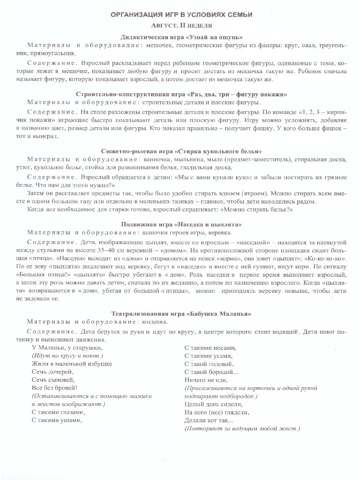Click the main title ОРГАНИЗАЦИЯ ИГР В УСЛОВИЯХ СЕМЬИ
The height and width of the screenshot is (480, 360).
click(181, 15)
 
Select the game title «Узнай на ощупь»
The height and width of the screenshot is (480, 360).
click(181, 37)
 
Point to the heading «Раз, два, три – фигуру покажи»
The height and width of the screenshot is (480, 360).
click(181, 94)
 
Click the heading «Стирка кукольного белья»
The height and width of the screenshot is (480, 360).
click(181, 151)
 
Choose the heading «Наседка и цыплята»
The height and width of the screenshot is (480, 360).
click(181, 224)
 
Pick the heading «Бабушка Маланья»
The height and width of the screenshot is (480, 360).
click(181, 314)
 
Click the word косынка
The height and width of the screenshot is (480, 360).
click(154, 322)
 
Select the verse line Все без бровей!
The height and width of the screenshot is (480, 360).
click(54, 388)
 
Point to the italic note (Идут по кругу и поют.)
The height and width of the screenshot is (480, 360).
click(67, 356)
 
